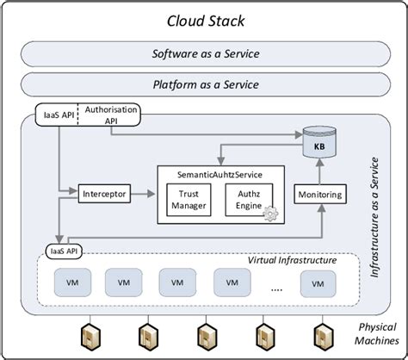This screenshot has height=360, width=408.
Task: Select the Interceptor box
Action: coord(104,195)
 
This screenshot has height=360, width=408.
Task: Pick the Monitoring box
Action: coord(318,195)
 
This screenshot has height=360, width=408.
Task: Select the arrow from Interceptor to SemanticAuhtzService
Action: coord(143,195)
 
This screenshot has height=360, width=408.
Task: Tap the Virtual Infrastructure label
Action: coord(292,260)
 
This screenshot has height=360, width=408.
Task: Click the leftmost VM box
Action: coord(70,281)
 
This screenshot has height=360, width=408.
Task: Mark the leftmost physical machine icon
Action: coord(88,337)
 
